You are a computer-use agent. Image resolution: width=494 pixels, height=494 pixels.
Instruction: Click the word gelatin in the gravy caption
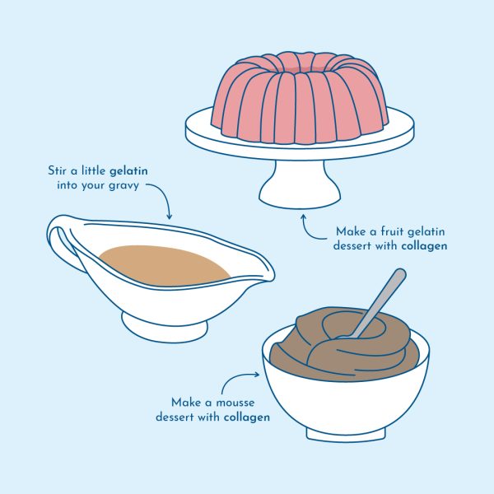[128, 171]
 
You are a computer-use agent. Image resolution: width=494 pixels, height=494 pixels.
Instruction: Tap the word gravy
[123, 185]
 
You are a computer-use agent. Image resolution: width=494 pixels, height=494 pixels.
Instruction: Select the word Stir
[56, 170]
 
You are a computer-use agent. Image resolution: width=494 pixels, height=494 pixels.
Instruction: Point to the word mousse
[235, 403]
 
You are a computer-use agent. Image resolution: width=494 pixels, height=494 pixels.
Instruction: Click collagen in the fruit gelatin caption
[424, 245]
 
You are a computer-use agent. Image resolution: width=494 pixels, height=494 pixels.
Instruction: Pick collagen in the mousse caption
[247, 417]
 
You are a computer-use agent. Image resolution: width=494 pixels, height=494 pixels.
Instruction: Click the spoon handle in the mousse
[377, 302]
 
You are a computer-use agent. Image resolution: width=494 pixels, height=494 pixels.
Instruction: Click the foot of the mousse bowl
[346, 434]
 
